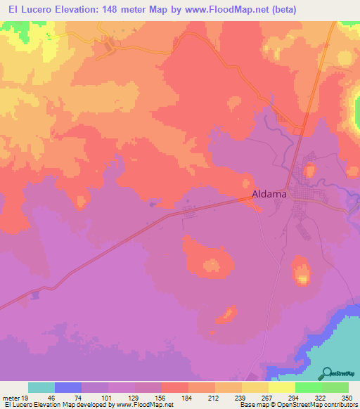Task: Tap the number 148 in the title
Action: point(115,9)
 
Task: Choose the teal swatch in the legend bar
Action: point(41,387)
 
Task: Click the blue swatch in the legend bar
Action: point(68,387)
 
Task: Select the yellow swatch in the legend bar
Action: point(282,387)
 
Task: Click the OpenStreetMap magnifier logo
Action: point(328,373)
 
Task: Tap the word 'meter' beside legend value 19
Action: point(12,397)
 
